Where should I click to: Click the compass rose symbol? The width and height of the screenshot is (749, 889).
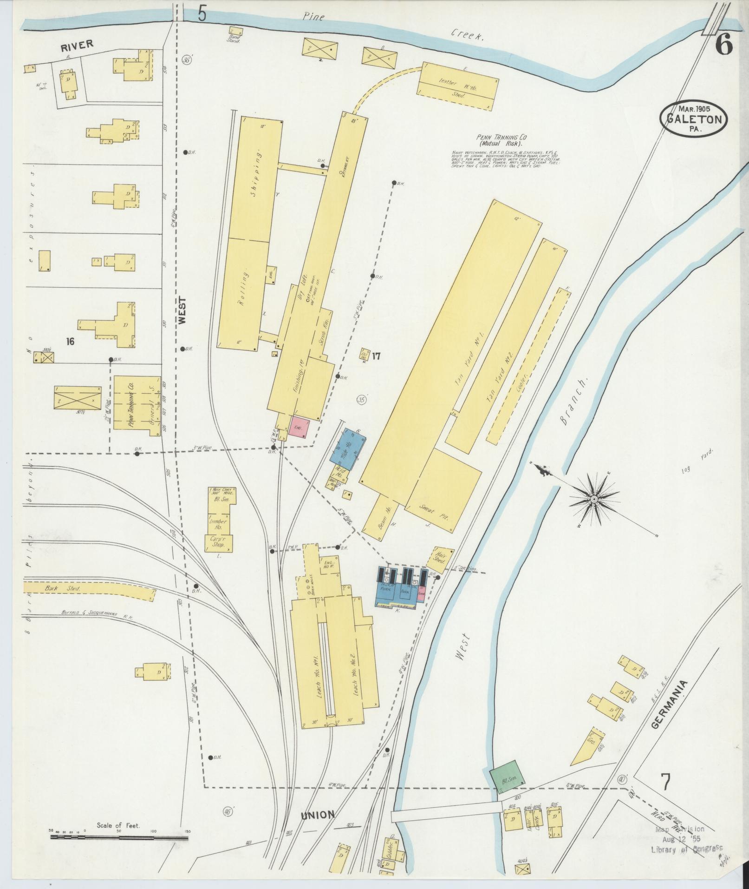[x=593, y=499]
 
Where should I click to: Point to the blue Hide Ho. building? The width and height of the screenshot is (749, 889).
[x=348, y=448]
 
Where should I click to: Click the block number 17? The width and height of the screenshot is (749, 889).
[x=376, y=356]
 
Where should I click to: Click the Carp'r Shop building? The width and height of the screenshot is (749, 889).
[x=218, y=542]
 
